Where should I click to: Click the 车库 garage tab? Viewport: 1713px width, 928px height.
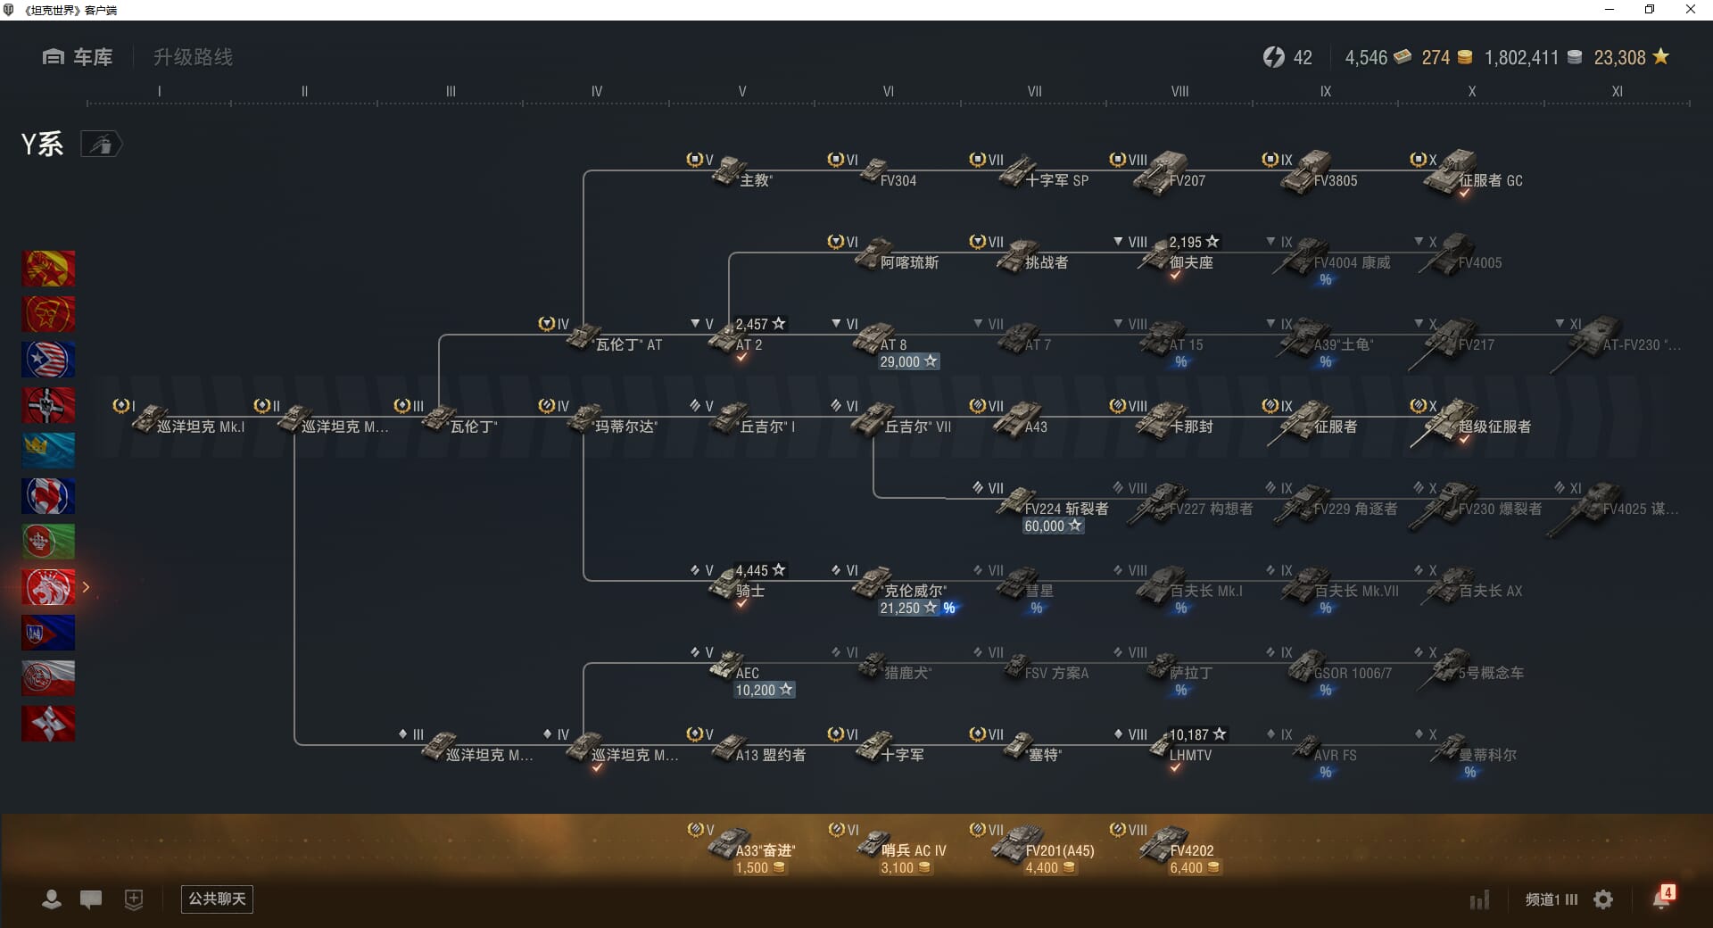click(79, 57)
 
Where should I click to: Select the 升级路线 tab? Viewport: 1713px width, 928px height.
click(193, 57)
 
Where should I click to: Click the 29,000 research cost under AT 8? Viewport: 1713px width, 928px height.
click(908, 361)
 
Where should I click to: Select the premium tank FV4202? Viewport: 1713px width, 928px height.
click(1178, 846)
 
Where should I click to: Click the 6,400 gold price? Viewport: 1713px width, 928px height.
click(1194, 867)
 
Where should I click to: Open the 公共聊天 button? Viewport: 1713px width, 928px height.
click(217, 899)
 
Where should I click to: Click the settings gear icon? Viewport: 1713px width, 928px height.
click(1603, 899)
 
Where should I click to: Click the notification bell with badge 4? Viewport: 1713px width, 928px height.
click(1662, 898)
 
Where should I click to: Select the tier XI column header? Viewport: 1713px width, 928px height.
click(1617, 91)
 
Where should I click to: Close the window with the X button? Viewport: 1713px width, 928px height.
click(1690, 10)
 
